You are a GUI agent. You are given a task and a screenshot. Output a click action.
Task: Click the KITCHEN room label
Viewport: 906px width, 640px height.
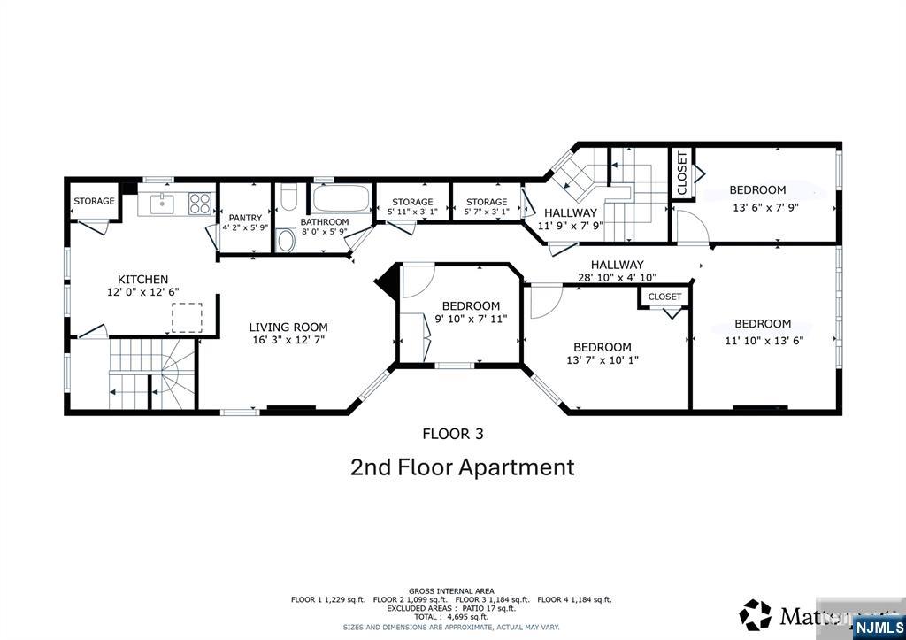(x=142, y=280)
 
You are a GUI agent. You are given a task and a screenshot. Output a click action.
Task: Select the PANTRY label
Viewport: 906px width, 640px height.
(x=245, y=218)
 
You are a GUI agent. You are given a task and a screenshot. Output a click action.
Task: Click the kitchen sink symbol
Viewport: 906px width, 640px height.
(x=163, y=204)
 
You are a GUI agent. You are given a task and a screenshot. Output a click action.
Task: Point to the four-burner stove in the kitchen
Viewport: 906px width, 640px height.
(x=201, y=204)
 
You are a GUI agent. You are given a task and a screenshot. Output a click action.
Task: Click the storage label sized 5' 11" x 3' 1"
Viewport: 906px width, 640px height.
(x=412, y=202)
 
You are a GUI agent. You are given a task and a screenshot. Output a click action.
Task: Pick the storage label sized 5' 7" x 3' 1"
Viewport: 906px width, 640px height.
(x=487, y=202)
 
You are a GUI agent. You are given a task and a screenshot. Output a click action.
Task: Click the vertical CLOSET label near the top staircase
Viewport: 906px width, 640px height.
(x=682, y=173)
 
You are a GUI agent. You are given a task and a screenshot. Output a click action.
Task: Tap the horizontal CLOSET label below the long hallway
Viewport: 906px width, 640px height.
(x=664, y=297)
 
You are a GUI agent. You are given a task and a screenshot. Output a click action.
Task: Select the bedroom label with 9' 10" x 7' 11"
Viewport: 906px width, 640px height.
(x=471, y=306)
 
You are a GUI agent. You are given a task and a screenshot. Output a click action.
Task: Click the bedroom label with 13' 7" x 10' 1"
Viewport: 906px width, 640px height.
(x=602, y=347)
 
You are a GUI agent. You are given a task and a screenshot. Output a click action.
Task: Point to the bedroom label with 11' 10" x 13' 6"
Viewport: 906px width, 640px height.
(x=762, y=324)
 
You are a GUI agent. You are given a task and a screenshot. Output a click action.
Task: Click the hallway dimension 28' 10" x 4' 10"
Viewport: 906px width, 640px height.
(x=617, y=277)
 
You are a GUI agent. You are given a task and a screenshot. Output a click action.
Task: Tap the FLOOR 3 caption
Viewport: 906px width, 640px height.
(x=452, y=434)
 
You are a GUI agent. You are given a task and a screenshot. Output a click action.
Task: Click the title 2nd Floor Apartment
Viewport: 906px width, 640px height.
(x=463, y=467)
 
